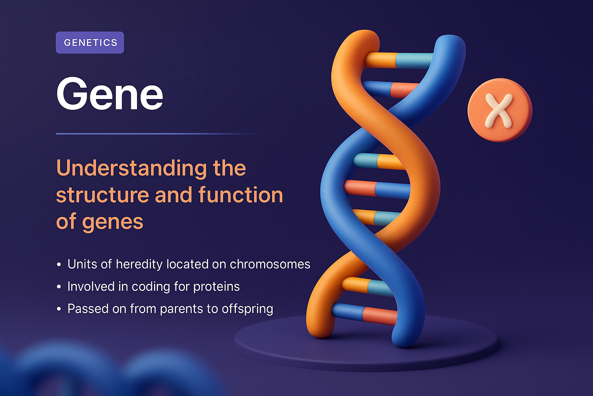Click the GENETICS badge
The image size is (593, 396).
coord(90,43)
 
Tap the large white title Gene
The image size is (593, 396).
coord(110,94)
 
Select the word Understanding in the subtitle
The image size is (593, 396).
coord(131,168)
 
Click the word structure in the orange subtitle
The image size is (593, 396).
coord(102,195)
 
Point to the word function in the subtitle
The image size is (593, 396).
coord(241,195)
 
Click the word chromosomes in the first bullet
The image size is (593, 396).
coord(270,264)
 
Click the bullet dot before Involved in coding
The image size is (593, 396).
coord(59,287)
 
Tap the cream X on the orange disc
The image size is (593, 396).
coord(499,111)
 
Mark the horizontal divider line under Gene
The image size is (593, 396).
coord(162,134)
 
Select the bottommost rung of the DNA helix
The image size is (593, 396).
coord(365,314)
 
